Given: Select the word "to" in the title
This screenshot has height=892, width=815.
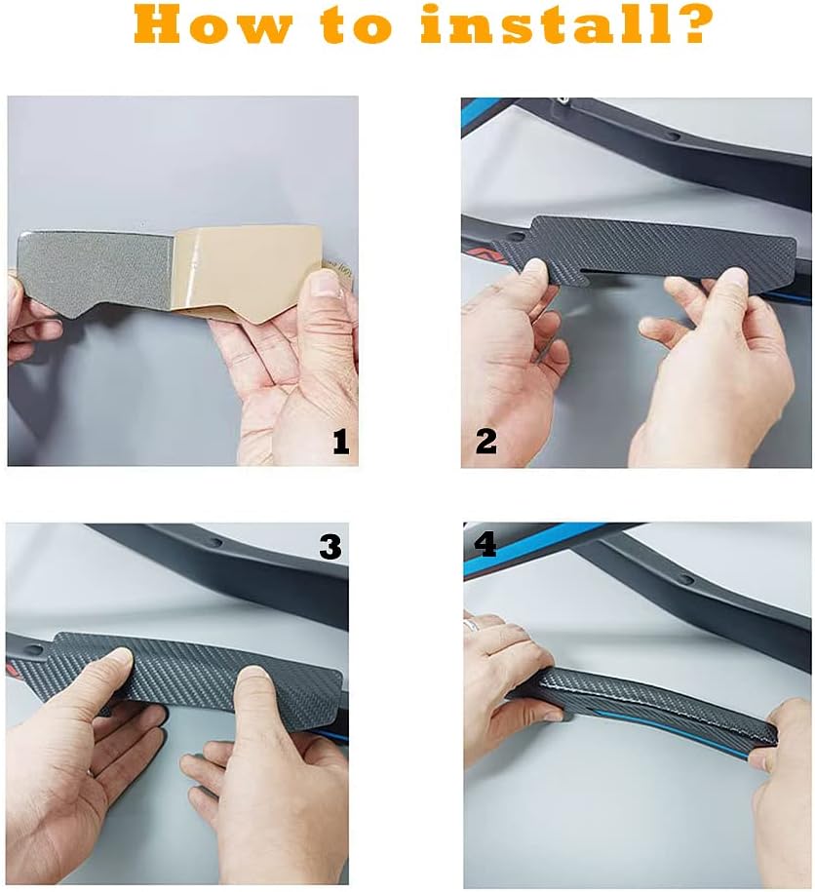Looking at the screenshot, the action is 356,26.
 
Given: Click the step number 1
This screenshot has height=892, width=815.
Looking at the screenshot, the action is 340,442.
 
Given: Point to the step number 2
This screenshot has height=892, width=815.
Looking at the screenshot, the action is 486,441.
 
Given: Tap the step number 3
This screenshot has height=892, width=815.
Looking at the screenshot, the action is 330,547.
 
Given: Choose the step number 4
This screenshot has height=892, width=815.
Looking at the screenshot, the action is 485,544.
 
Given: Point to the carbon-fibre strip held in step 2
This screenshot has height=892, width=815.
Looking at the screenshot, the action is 642,246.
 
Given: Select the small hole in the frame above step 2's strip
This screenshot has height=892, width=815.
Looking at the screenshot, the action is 674,136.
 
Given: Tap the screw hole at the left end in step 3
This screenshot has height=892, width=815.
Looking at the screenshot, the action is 34,649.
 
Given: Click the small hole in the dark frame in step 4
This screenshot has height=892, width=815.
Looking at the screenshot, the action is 687,580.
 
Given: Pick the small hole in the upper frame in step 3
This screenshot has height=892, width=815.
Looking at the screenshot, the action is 215,542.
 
